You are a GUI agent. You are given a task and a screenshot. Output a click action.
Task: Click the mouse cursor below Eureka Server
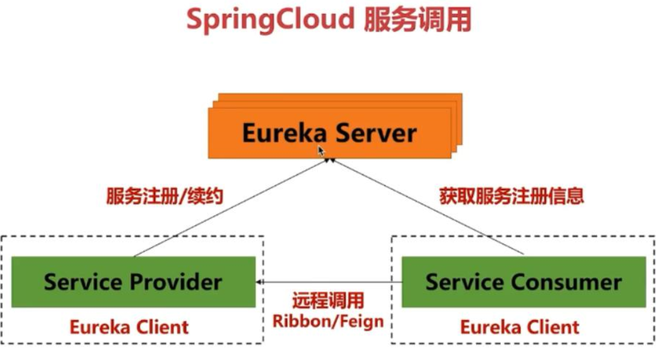coord(321,151)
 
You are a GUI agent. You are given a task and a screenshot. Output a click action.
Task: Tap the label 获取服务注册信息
coord(511,196)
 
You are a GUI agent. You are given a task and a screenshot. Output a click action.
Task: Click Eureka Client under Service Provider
coord(129,326)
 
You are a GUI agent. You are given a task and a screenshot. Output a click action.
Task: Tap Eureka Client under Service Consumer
coord(520,326)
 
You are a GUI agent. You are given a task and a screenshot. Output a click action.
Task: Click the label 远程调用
coord(328,301)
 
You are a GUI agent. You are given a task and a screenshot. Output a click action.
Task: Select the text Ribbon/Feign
coord(328,320)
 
